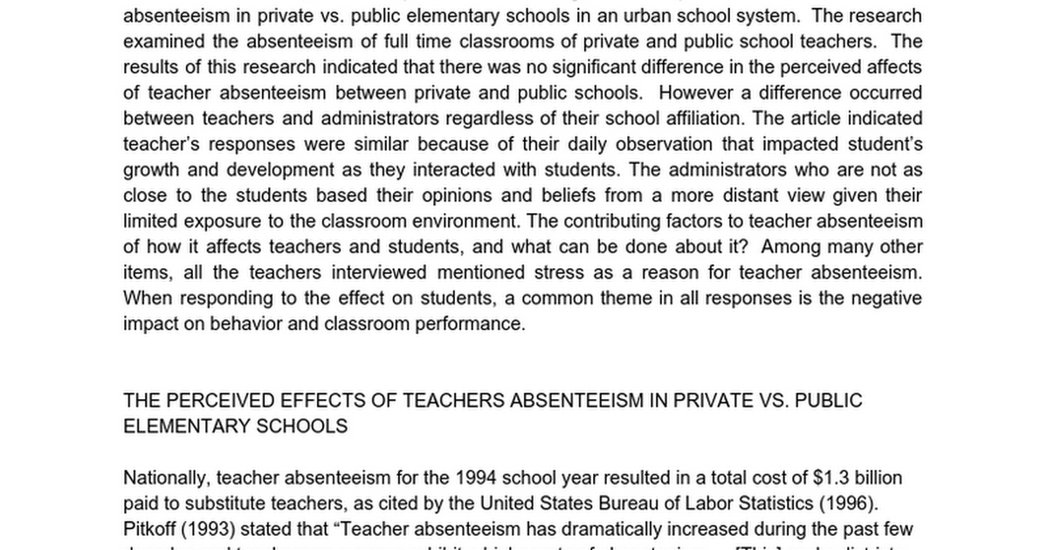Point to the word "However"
697,93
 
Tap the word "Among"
792,246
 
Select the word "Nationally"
165,478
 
